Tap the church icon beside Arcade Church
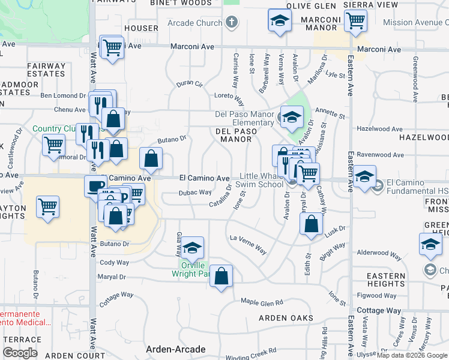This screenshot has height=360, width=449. pyautogui.click(x=232, y=23)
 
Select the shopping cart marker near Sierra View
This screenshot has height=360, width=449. pyautogui.click(x=355, y=22)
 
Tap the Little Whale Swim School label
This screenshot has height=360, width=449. pyautogui.click(x=261, y=180)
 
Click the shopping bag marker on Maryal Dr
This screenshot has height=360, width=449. pyautogui.click(x=221, y=277)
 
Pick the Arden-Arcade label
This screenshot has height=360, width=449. pyautogui.click(x=176, y=349)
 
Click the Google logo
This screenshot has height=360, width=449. pyautogui.click(x=20, y=353)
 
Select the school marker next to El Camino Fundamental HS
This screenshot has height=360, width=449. pyautogui.click(x=364, y=177)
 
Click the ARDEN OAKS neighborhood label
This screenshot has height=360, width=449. pyautogui.click(x=286, y=317)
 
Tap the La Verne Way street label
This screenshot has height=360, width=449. pyautogui.click(x=249, y=244)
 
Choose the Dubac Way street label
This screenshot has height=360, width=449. pyautogui.click(x=195, y=193)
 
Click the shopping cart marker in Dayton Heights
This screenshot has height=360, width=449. pyautogui.click(x=47, y=207)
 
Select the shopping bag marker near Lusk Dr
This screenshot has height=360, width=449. pyautogui.click(x=311, y=226)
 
